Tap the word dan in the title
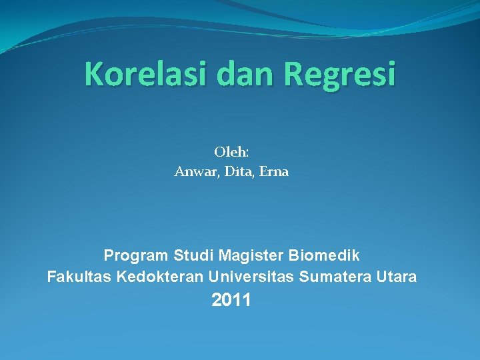[x=247, y=74]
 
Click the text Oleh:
[x=231, y=152]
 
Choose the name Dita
[x=237, y=172]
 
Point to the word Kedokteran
[x=160, y=277]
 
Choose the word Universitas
[x=252, y=277]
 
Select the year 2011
[x=231, y=301]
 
